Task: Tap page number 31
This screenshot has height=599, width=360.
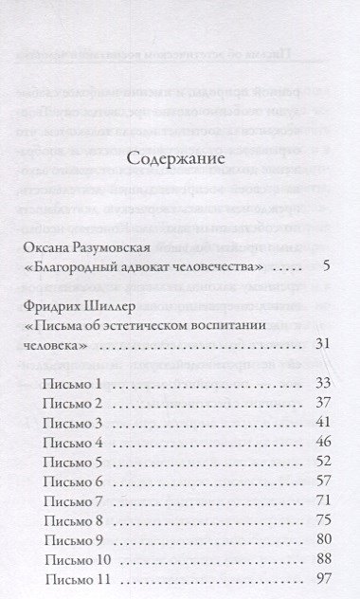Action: (x=322, y=342)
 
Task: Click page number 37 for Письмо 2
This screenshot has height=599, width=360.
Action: (x=321, y=402)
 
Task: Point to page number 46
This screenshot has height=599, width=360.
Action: (x=321, y=442)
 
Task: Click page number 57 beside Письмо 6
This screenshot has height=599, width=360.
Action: (x=321, y=481)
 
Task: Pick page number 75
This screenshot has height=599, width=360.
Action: (x=321, y=520)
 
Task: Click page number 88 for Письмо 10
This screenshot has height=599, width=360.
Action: (x=321, y=559)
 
